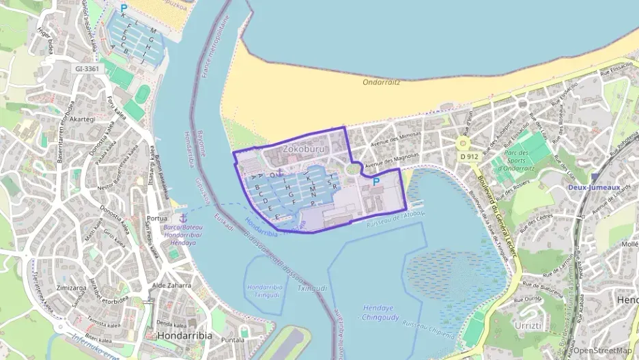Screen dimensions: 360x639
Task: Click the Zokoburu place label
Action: pyautogui.click(x=304, y=148)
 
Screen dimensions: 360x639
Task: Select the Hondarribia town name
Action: pyautogui.click(x=184, y=336)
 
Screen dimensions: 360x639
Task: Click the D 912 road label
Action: pyautogui.click(x=469, y=156)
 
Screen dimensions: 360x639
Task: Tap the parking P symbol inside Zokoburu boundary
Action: pyautogui.click(x=375, y=182)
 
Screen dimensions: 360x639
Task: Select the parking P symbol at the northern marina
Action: pyautogui.click(x=124, y=9)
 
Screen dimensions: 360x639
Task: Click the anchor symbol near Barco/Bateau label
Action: pyautogui.click(x=182, y=217)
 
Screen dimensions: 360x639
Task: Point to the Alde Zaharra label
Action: pyautogui.click(x=171, y=285)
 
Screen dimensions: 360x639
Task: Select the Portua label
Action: pyautogui.click(x=158, y=219)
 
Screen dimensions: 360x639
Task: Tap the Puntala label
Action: pyautogui.click(x=233, y=339)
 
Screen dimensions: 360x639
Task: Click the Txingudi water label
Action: pyautogui.click(x=310, y=289)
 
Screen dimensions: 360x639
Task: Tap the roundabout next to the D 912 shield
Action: pyautogui.click(x=464, y=143)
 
